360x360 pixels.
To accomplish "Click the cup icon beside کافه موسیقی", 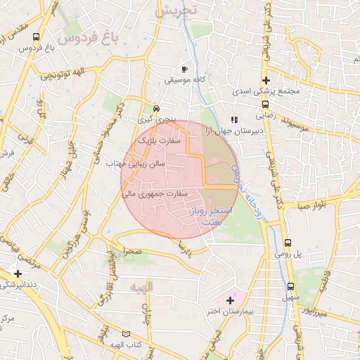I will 185,70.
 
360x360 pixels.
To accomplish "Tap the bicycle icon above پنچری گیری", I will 156,108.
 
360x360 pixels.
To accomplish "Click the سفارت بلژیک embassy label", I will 158,141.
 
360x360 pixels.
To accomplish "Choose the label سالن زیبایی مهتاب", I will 135,163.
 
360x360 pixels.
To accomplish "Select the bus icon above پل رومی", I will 287,242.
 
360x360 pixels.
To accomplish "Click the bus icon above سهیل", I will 291,287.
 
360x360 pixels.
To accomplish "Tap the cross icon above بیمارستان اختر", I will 230,300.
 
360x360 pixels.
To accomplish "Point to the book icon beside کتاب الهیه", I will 127,333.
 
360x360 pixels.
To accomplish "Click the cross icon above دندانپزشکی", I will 18,273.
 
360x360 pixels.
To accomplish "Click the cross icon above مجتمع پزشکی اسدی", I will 266,81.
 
